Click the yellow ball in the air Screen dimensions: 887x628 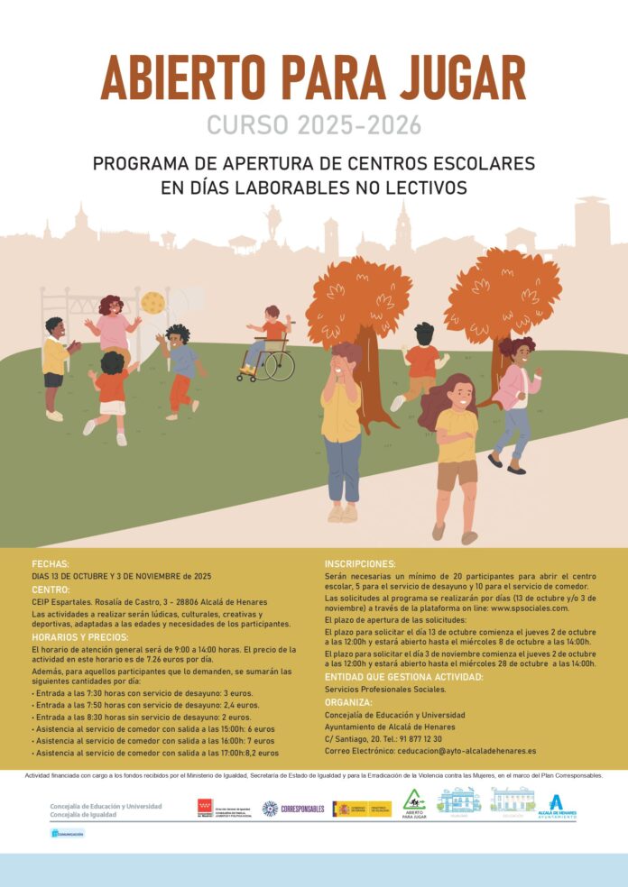coord(153,302)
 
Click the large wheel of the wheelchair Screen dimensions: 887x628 coord(279,365)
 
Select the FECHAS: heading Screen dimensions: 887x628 coord(51,563)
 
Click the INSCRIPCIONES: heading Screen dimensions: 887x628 coord(360,563)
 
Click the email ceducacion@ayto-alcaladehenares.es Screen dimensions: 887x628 coord(466,750)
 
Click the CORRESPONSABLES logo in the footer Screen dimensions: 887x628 coord(293,809)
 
